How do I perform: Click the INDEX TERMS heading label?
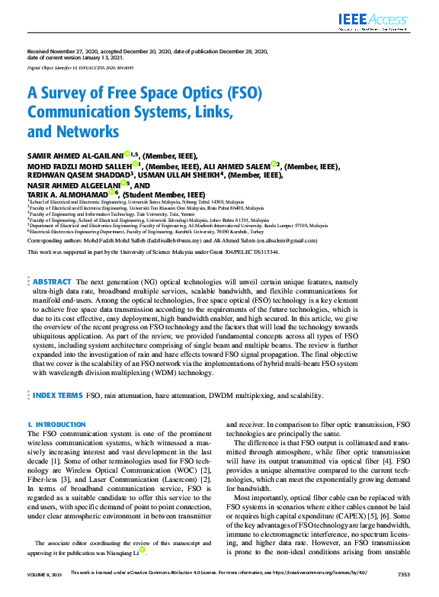click(x=57, y=396)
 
